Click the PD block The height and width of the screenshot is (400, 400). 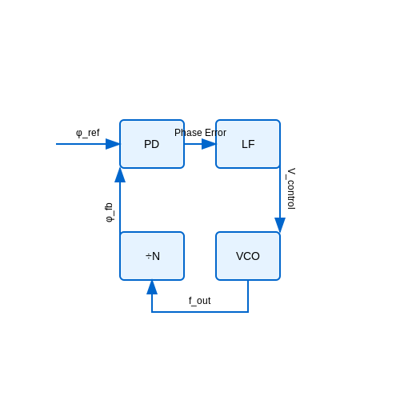(x=152, y=144)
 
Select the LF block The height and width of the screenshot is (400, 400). (x=248, y=144)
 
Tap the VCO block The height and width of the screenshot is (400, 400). (x=248, y=256)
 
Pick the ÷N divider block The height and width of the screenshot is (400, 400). (x=152, y=256)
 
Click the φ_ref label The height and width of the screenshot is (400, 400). (x=88, y=133)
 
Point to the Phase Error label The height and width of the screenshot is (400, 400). (x=200, y=133)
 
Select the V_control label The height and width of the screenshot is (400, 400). (x=291, y=189)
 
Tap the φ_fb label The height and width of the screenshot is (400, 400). (x=109, y=212)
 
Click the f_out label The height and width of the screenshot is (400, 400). (x=200, y=301)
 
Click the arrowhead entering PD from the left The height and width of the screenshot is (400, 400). (x=113, y=144)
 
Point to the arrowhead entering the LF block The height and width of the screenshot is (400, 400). (x=209, y=144)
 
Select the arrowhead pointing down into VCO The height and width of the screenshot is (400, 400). (x=280, y=225)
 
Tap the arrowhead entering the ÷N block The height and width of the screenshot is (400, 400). (x=152, y=287)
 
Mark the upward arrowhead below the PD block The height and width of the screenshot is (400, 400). (x=120, y=175)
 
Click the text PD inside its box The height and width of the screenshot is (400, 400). (x=151, y=144)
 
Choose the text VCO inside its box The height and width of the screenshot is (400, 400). (x=248, y=256)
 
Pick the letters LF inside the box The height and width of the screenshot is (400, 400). (x=248, y=144)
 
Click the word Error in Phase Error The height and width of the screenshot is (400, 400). (x=215, y=133)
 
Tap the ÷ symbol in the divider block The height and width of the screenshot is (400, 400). (x=149, y=256)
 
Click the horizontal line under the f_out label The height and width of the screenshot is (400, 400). (x=200, y=312)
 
